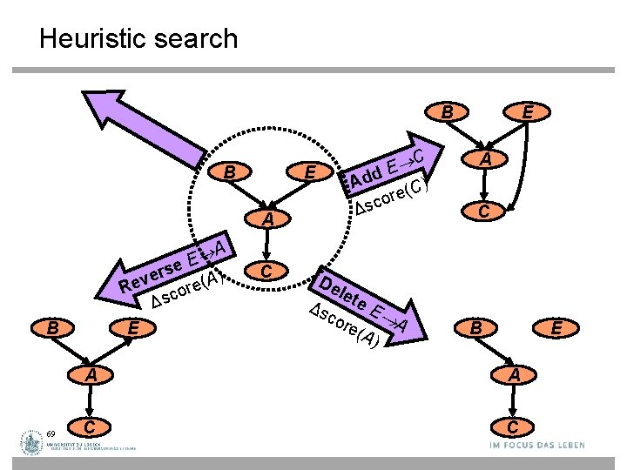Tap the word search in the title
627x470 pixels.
coord(198,39)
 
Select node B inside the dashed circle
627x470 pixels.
coord(229,173)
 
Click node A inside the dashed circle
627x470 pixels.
coord(269,220)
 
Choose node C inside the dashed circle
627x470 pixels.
coord(269,272)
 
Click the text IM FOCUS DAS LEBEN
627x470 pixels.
coord(537,445)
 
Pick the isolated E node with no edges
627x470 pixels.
coord(556,328)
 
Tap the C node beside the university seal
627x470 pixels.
coord(90,426)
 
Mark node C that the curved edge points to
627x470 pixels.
coord(487,210)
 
